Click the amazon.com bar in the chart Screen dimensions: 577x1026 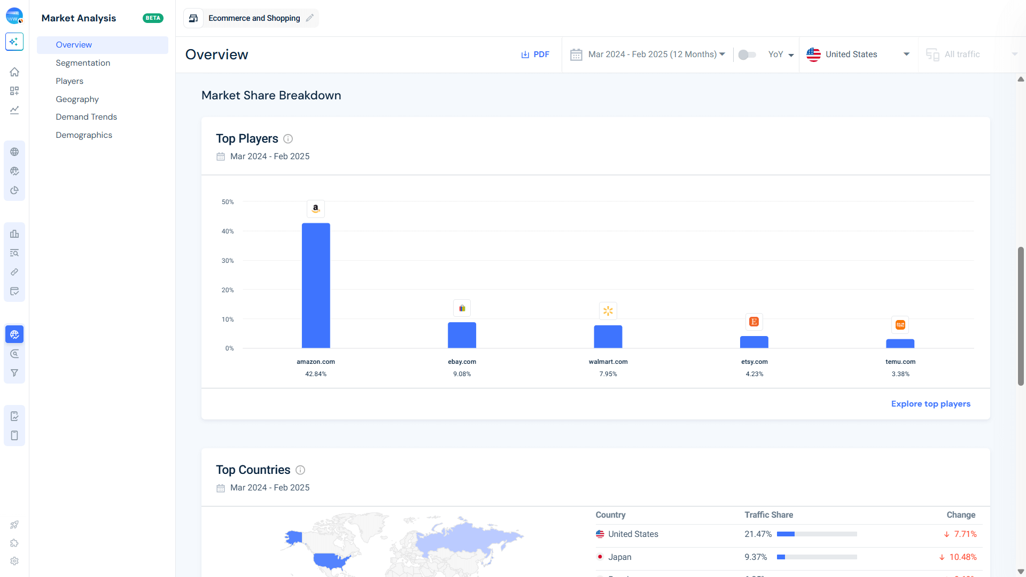tap(316, 285)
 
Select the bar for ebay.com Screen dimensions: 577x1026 tap(462, 335)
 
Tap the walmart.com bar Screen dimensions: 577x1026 tap(608, 337)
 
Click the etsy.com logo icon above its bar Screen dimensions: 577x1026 tap(754, 322)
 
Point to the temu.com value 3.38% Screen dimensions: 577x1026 tap(900, 374)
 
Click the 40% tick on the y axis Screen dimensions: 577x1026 tap(228, 231)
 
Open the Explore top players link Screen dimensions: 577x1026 tap(930, 404)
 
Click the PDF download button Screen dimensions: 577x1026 tap(535, 54)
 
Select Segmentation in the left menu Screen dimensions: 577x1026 tap(83, 63)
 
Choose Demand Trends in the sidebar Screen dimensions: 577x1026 tap(86, 117)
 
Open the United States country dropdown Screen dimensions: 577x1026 tap(858, 54)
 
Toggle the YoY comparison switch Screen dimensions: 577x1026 tap(747, 54)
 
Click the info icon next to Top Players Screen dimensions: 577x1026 tap(288, 139)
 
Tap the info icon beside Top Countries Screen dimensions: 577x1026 tap(300, 470)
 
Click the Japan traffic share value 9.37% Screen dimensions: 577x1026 tap(756, 557)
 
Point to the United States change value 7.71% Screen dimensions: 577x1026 tap(965, 534)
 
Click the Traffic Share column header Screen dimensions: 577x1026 tap(768, 515)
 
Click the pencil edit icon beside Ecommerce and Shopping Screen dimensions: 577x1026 tap(310, 18)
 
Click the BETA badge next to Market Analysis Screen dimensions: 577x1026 tap(153, 18)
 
